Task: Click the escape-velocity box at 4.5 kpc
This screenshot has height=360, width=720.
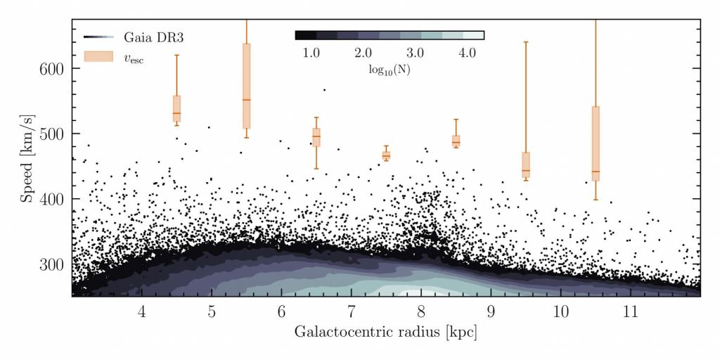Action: pyautogui.click(x=176, y=109)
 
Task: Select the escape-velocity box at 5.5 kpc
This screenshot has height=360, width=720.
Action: pyautogui.click(x=247, y=86)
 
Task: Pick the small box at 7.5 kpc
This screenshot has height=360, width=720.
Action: pyautogui.click(x=386, y=155)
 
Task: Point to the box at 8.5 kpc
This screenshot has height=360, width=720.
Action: pyautogui.click(x=456, y=141)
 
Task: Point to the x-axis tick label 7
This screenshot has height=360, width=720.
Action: pyautogui.click(x=351, y=311)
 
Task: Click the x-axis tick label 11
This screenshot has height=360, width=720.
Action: pyautogui.click(x=630, y=311)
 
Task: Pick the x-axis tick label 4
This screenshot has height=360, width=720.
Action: pyautogui.click(x=141, y=311)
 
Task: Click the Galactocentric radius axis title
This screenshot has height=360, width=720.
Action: pyautogui.click(x=385, y=333)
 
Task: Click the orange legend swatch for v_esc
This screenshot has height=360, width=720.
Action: pyautogui.click(x=98, y=56)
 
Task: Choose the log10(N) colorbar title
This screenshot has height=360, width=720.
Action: pyautogui.click(x=389, y=70)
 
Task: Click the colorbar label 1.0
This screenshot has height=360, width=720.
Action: pyautogui.click(x=311, y=53)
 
